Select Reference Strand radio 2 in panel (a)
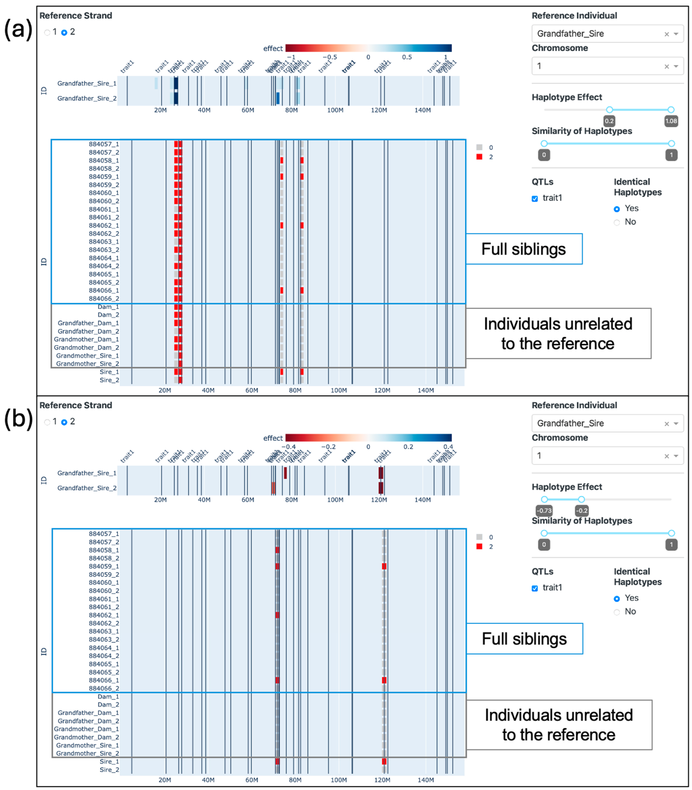pos(64,32)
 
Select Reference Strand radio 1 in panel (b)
pos(47,422)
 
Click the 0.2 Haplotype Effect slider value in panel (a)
pos(609,121)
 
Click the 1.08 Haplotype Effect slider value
pos(671,121)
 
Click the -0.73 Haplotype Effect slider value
pos(544,511)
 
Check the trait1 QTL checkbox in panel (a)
pos(535,199)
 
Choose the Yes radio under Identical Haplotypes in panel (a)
pos(617,209)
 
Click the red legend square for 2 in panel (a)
pos(479,157)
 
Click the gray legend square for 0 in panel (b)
pos(479,537)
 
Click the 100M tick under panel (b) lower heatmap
pos(339,780)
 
